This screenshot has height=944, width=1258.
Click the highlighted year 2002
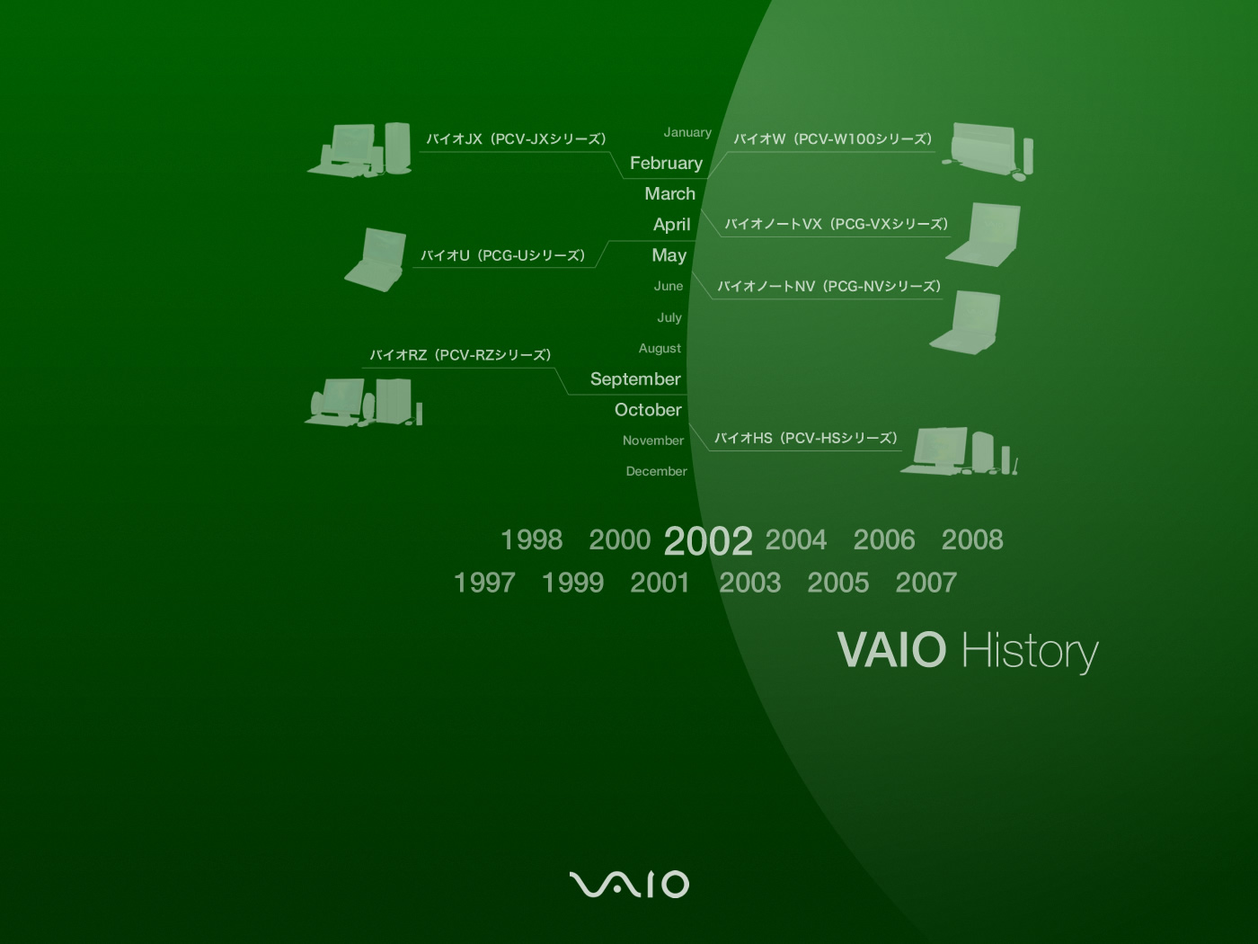click(708, 541)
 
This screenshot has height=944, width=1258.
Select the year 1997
click(484, 583)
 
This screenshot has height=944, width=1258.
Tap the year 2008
click(972, 540)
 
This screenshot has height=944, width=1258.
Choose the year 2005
click(837, 583)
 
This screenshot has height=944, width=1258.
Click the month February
click(666, 164)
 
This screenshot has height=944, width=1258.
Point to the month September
click(635, 378)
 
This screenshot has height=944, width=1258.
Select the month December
click(656, 471)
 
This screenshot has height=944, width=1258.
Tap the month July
click(669, 317)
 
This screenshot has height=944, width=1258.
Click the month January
click(687, 132)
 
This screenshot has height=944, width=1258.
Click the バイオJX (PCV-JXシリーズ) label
click(516, 139)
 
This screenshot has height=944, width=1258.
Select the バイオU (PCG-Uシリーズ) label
click(502, 255)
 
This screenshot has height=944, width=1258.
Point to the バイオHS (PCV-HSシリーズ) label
click(806, 439)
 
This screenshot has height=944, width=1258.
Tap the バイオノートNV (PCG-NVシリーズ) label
click(829, 287)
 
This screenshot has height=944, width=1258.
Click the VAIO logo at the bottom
click(629, 885)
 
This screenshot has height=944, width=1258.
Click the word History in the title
click(1030, 652)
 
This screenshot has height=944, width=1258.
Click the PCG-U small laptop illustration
click(376, 260)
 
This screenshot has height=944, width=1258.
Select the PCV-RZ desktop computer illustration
click(363, 402)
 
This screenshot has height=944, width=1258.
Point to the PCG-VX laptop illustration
click(983, 235)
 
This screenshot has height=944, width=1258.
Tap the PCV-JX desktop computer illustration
click(359, 149)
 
